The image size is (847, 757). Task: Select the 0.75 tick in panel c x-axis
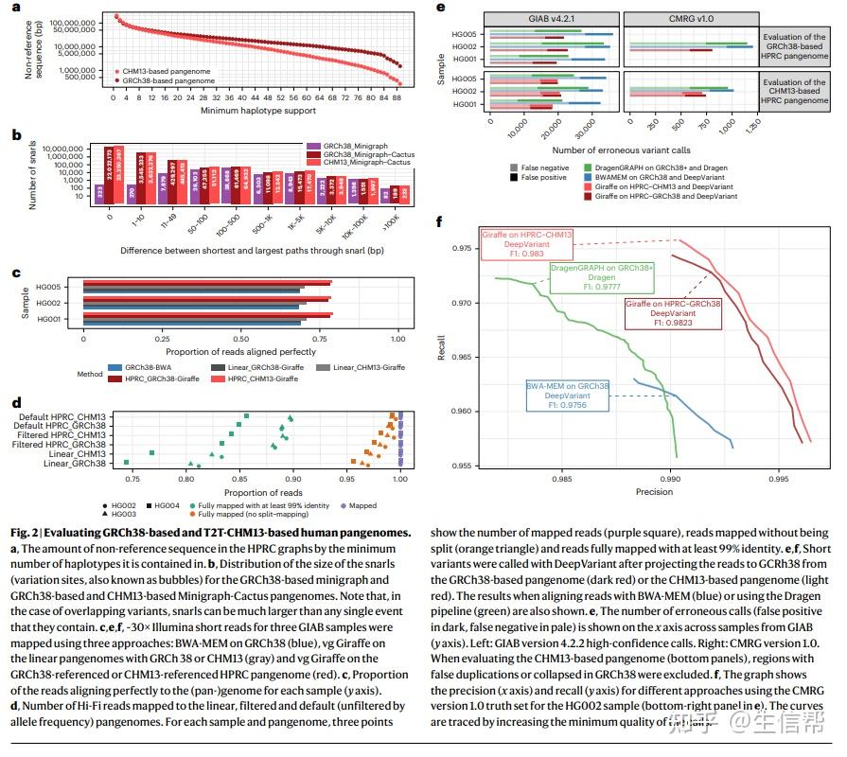coord(321,338)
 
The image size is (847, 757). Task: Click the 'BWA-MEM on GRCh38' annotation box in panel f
coord(567,396)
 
